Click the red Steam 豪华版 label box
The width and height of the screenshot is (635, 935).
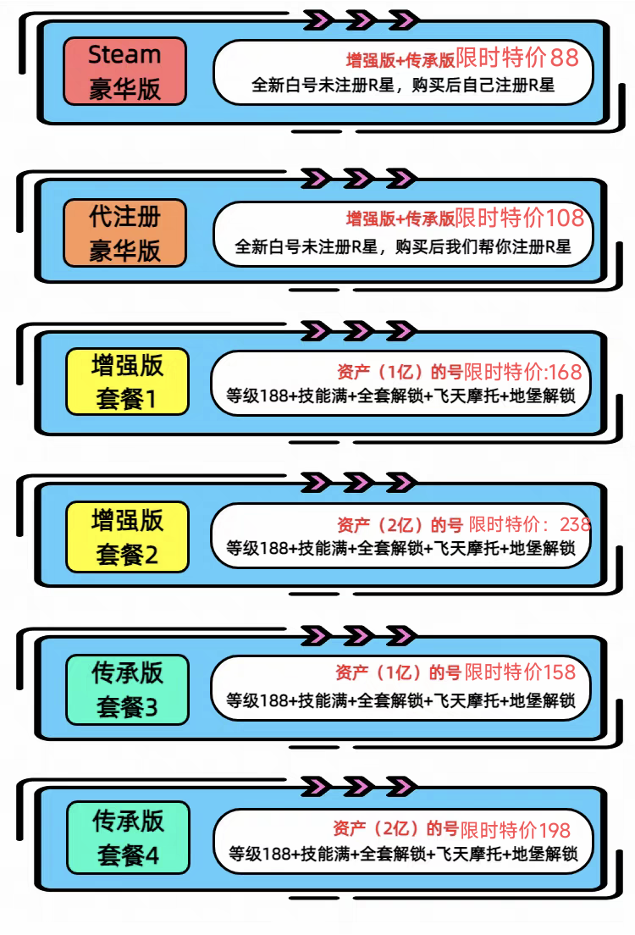pos(124,71)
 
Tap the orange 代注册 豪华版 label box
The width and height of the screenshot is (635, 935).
pos(124,233)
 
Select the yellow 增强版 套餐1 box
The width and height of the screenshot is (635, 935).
pos(127,382)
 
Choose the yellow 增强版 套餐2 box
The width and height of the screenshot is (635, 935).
pos(127,537)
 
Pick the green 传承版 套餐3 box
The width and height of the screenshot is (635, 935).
pos(127,690)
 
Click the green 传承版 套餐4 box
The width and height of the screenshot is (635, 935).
pos(128,838)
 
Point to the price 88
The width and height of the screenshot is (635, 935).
pos(564,58)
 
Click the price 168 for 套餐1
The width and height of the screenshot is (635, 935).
pos(565,372)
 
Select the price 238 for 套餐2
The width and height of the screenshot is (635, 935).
pos(575,524)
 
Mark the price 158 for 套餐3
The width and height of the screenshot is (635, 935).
pos(560,672)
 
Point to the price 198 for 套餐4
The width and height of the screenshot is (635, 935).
pos(555,830)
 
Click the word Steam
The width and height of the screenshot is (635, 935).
pos(124,55)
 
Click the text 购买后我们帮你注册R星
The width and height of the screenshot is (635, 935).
pos(483,246)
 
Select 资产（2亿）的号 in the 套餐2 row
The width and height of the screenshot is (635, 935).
pos(400,525)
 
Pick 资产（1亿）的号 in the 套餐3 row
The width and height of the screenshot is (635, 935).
pos(398,672)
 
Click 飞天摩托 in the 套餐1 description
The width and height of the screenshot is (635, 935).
pos(467,396)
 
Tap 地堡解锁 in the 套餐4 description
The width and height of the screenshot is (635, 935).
pos(544,854)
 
